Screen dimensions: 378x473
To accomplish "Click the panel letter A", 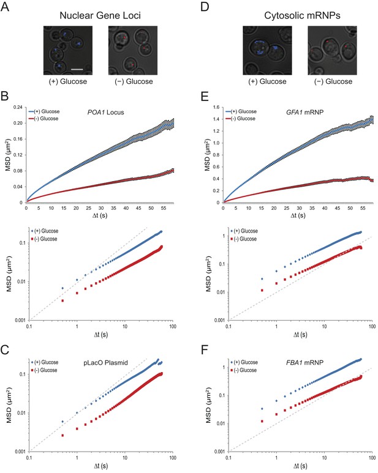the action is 5,6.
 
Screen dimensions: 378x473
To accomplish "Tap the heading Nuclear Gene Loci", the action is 100,15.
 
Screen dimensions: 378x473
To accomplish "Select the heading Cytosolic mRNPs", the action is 302,15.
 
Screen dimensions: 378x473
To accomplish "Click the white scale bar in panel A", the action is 77,69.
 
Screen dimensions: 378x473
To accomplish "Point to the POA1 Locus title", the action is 105,112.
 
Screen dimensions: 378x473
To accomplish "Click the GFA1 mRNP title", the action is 304,112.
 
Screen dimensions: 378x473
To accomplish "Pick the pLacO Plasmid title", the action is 105,363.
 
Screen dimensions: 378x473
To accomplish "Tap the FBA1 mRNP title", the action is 304,363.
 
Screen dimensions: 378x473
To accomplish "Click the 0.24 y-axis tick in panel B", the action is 18,108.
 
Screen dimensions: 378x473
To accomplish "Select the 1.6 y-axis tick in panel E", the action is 216,107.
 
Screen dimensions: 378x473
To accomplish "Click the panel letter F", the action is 205,350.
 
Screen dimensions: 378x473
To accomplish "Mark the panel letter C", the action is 5,350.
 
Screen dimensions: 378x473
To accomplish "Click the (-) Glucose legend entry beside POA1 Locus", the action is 43,119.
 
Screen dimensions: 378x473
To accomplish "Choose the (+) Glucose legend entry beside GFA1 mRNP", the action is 241,111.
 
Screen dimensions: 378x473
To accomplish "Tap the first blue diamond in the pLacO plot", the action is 62,422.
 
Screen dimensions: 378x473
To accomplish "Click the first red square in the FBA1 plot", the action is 262,421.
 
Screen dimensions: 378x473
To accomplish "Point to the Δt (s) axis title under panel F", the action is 300,466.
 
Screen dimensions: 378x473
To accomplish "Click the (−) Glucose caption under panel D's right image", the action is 333,81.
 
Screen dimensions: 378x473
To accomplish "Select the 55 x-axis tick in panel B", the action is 164,208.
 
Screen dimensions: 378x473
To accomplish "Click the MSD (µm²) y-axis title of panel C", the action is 9,404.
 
